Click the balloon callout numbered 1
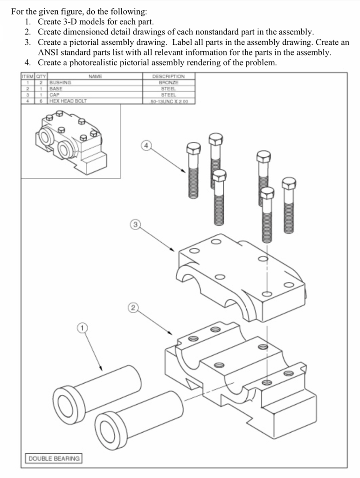pyautogui.click(x=82, y=329)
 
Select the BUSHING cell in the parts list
pyautogui.click(x=61, y=82)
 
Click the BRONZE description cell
pyautogui.click(x=168, y=82)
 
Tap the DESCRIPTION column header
pyautogui.click(x=168, y=76)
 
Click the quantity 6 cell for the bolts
pyautogui.click(x=42, y=100)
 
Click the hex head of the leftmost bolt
pyautogui.click(x=193, y=149)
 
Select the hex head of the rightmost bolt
pyautogui.click(x=289, y=183)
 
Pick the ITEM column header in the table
pyautogui.click(x=28, y=76)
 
